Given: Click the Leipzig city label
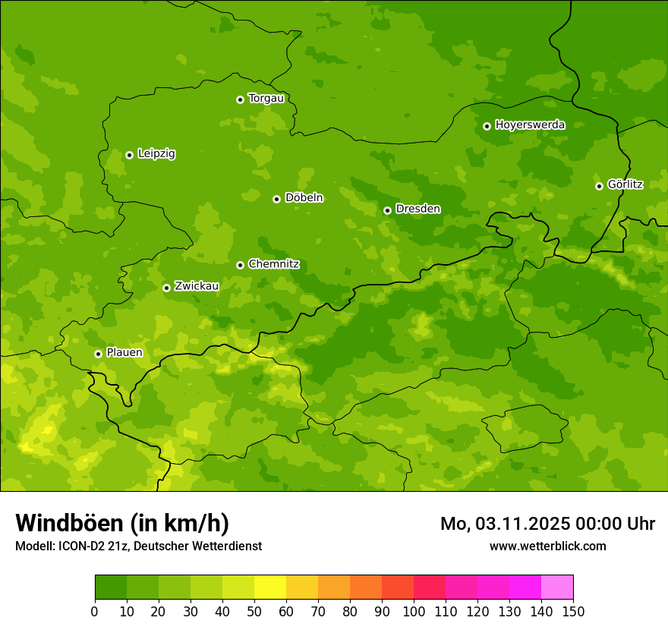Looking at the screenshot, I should [x=156, y=154].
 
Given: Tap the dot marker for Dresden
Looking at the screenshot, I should [x=387, y=210].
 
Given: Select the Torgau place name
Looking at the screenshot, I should [x=266, y=99].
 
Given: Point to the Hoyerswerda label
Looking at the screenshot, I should [x=530, y=125].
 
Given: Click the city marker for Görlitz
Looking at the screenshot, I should [x=599, y=186].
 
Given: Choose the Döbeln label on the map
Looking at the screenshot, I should [x=304, y=198].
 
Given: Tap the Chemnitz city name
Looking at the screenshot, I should [x=273, y=264].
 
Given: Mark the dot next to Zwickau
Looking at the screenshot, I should [x=166, y=288].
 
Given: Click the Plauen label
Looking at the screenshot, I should [x=124, y=353].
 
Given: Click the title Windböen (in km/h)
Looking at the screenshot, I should [x=121, y=523].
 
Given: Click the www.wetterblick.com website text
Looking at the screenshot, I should [x=547, y=547].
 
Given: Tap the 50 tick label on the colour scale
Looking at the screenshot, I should [x=254, y=611].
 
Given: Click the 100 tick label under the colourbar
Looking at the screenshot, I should [x=414, y=611].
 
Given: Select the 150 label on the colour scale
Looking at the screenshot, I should [x=573, y=611].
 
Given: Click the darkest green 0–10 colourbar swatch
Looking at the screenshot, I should [x=111, y=587].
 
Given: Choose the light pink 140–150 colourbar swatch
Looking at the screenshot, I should [x=557, y=587].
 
